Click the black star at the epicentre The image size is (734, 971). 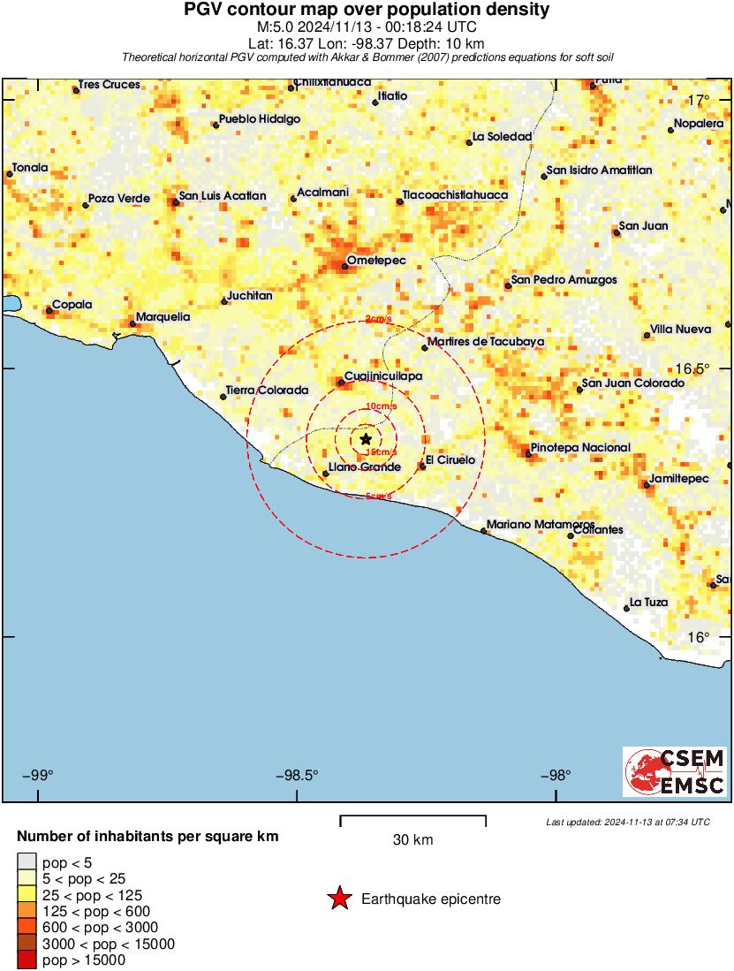[366, 439]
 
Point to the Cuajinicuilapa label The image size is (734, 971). [382, 376]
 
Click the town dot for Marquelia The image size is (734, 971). [133, 323]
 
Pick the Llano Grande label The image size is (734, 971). [365, 467]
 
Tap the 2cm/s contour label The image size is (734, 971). [380, 320]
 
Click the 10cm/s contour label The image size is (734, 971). [381, 406]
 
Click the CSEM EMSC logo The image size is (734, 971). [675, 771]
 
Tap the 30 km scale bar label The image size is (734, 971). [412, 840]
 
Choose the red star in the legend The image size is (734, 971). [338, 899]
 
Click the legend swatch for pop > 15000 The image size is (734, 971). [26, 960]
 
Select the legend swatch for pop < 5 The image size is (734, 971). [26, 862]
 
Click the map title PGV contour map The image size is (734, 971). [367, 11]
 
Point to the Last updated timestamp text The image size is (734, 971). [628, 823]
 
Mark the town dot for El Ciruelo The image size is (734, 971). [423, 466]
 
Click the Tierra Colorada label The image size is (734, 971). [267, 390]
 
